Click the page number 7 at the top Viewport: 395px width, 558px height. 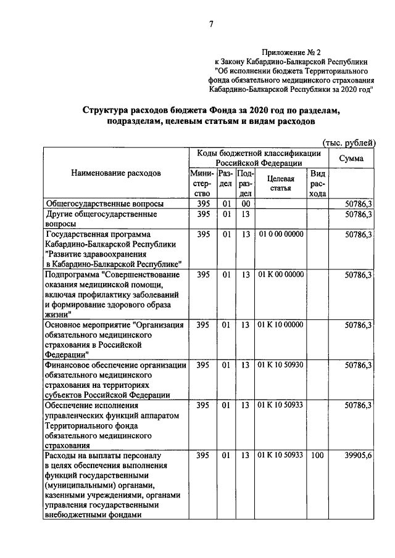[211, 24]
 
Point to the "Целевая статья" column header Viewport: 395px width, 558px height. [280, 183]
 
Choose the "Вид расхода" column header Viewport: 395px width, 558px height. [318, 184]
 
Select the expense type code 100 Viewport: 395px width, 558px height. [318, 456]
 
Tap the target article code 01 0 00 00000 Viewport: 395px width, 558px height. [281, 235]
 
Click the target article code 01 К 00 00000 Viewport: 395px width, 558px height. [281, 274]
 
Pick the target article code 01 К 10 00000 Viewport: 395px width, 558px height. [281, 324]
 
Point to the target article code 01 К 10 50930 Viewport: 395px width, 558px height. [281, 365]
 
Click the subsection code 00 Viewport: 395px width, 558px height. [244, 203]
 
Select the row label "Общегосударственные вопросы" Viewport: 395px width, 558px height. [96, 203]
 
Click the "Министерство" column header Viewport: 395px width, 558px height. [201, 184]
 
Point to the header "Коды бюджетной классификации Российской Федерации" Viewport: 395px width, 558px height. [259, 158]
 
